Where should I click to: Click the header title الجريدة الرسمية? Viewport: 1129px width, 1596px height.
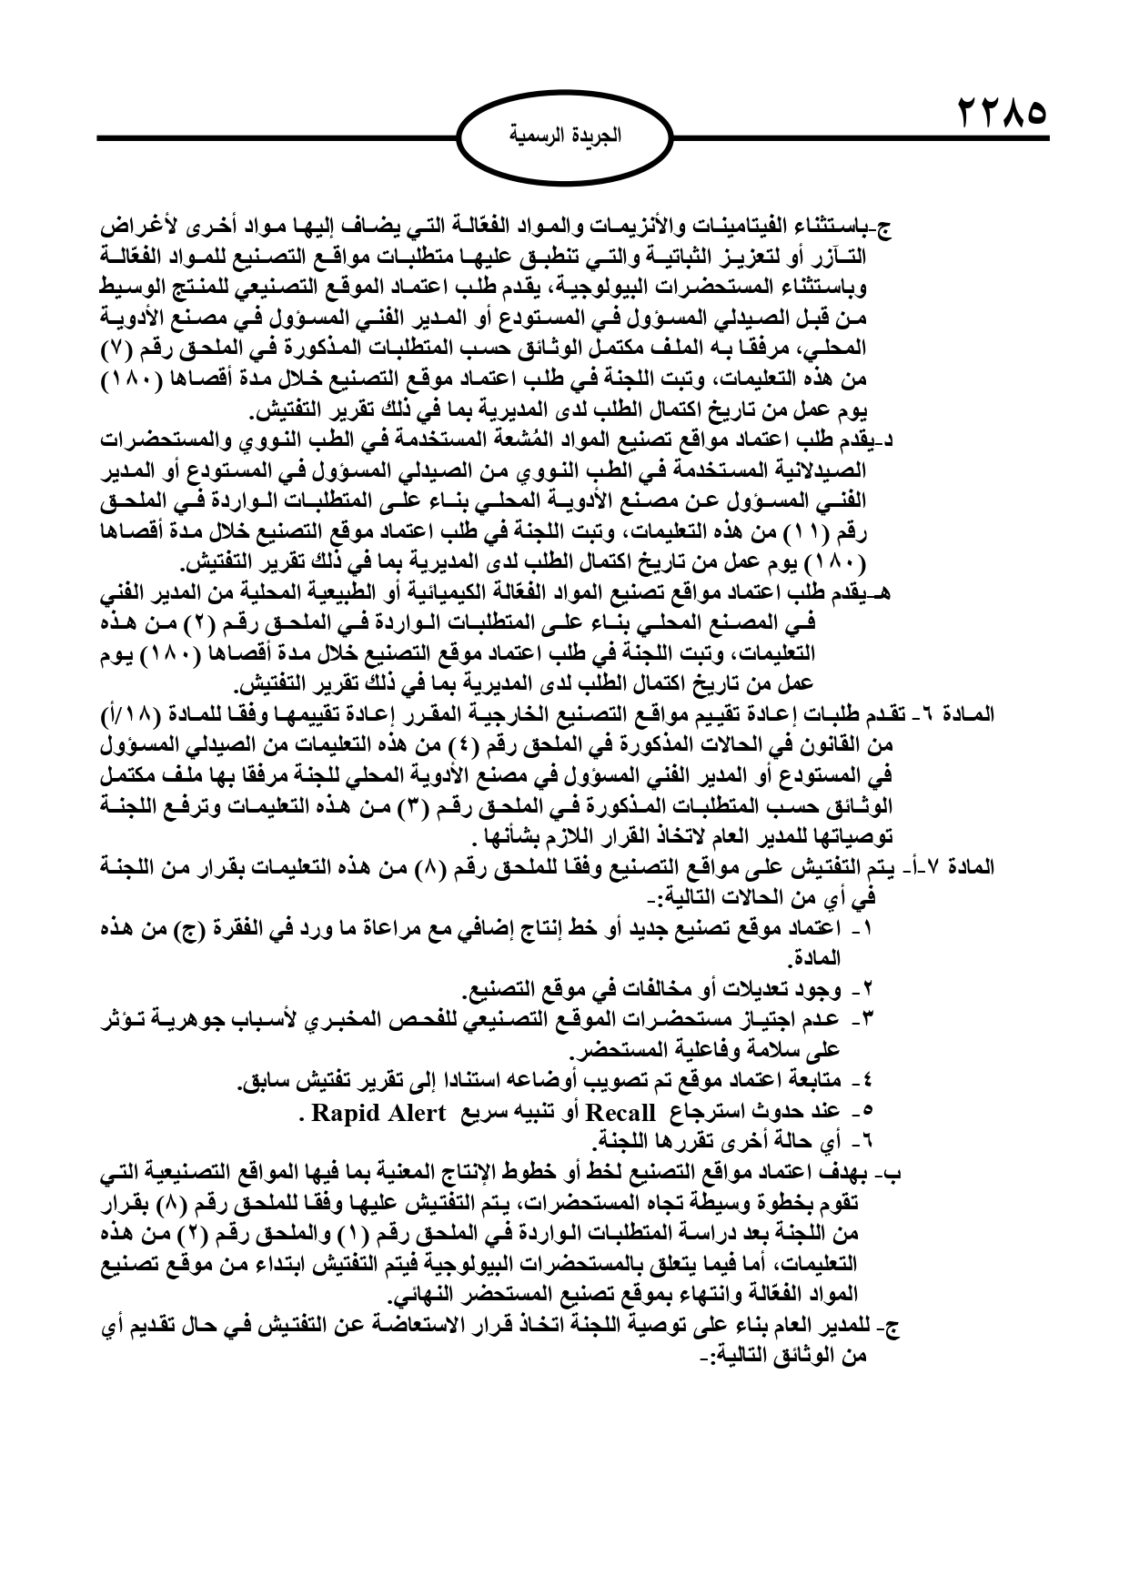(563, 137)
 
